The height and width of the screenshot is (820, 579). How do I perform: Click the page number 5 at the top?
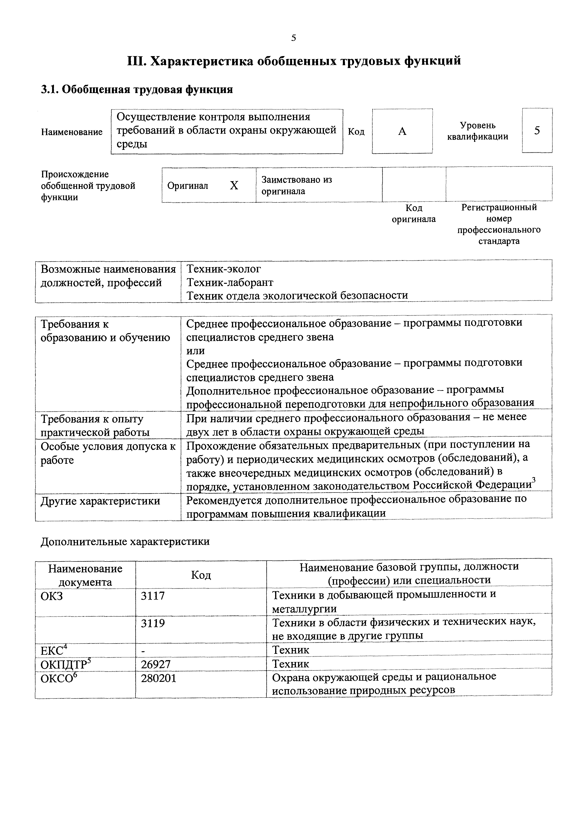[293, 38]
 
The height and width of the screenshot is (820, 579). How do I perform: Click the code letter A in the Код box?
[402, 131]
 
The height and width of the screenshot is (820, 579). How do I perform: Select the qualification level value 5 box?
[537, 131]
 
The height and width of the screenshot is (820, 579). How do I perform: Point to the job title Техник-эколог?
[224, 269]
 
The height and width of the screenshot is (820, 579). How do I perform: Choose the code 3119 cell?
[153, 623]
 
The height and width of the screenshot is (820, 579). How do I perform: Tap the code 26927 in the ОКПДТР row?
[156, 664]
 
